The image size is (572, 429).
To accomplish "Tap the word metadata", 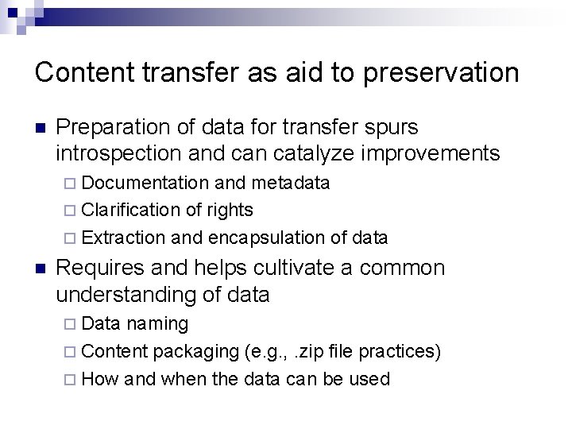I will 291,184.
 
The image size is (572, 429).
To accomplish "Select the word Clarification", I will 131,211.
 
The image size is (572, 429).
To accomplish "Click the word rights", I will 230,211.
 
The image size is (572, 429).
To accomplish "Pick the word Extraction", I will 123,238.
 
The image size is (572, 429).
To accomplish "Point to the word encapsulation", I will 267,238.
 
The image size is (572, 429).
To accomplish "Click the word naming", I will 157,324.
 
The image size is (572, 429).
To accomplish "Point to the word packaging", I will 189,351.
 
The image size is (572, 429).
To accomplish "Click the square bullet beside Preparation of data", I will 41,128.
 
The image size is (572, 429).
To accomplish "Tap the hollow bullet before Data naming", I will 71,325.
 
